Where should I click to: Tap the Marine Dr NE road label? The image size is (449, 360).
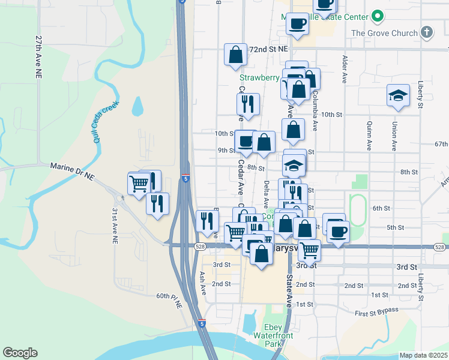(x=72, y=166)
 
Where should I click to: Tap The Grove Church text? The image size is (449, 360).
(x=384, y=33)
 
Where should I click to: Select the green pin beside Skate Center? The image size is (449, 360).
(x=377, y=16)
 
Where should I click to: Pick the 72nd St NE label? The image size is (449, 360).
(x=269, y=48)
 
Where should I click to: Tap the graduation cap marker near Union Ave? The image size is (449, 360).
(x=398, y=95)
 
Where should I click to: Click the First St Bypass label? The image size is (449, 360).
(x=376, y=313)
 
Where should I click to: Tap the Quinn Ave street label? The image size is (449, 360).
(x=367, y=136)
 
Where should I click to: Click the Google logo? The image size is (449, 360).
(x=20, y=353)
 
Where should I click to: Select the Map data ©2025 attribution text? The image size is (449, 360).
(x=423, y=355)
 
